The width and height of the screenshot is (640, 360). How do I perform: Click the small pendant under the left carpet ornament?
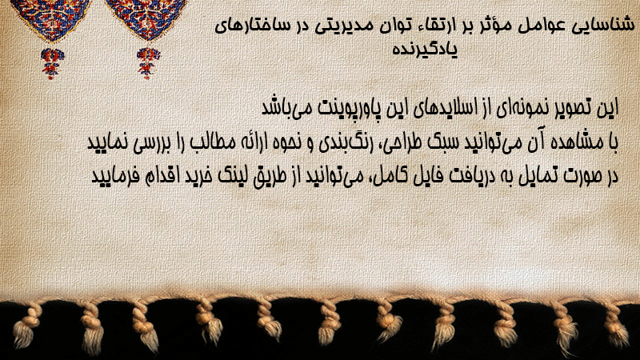(51, 63)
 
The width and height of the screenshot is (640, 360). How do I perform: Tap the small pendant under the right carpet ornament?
(148, 62)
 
